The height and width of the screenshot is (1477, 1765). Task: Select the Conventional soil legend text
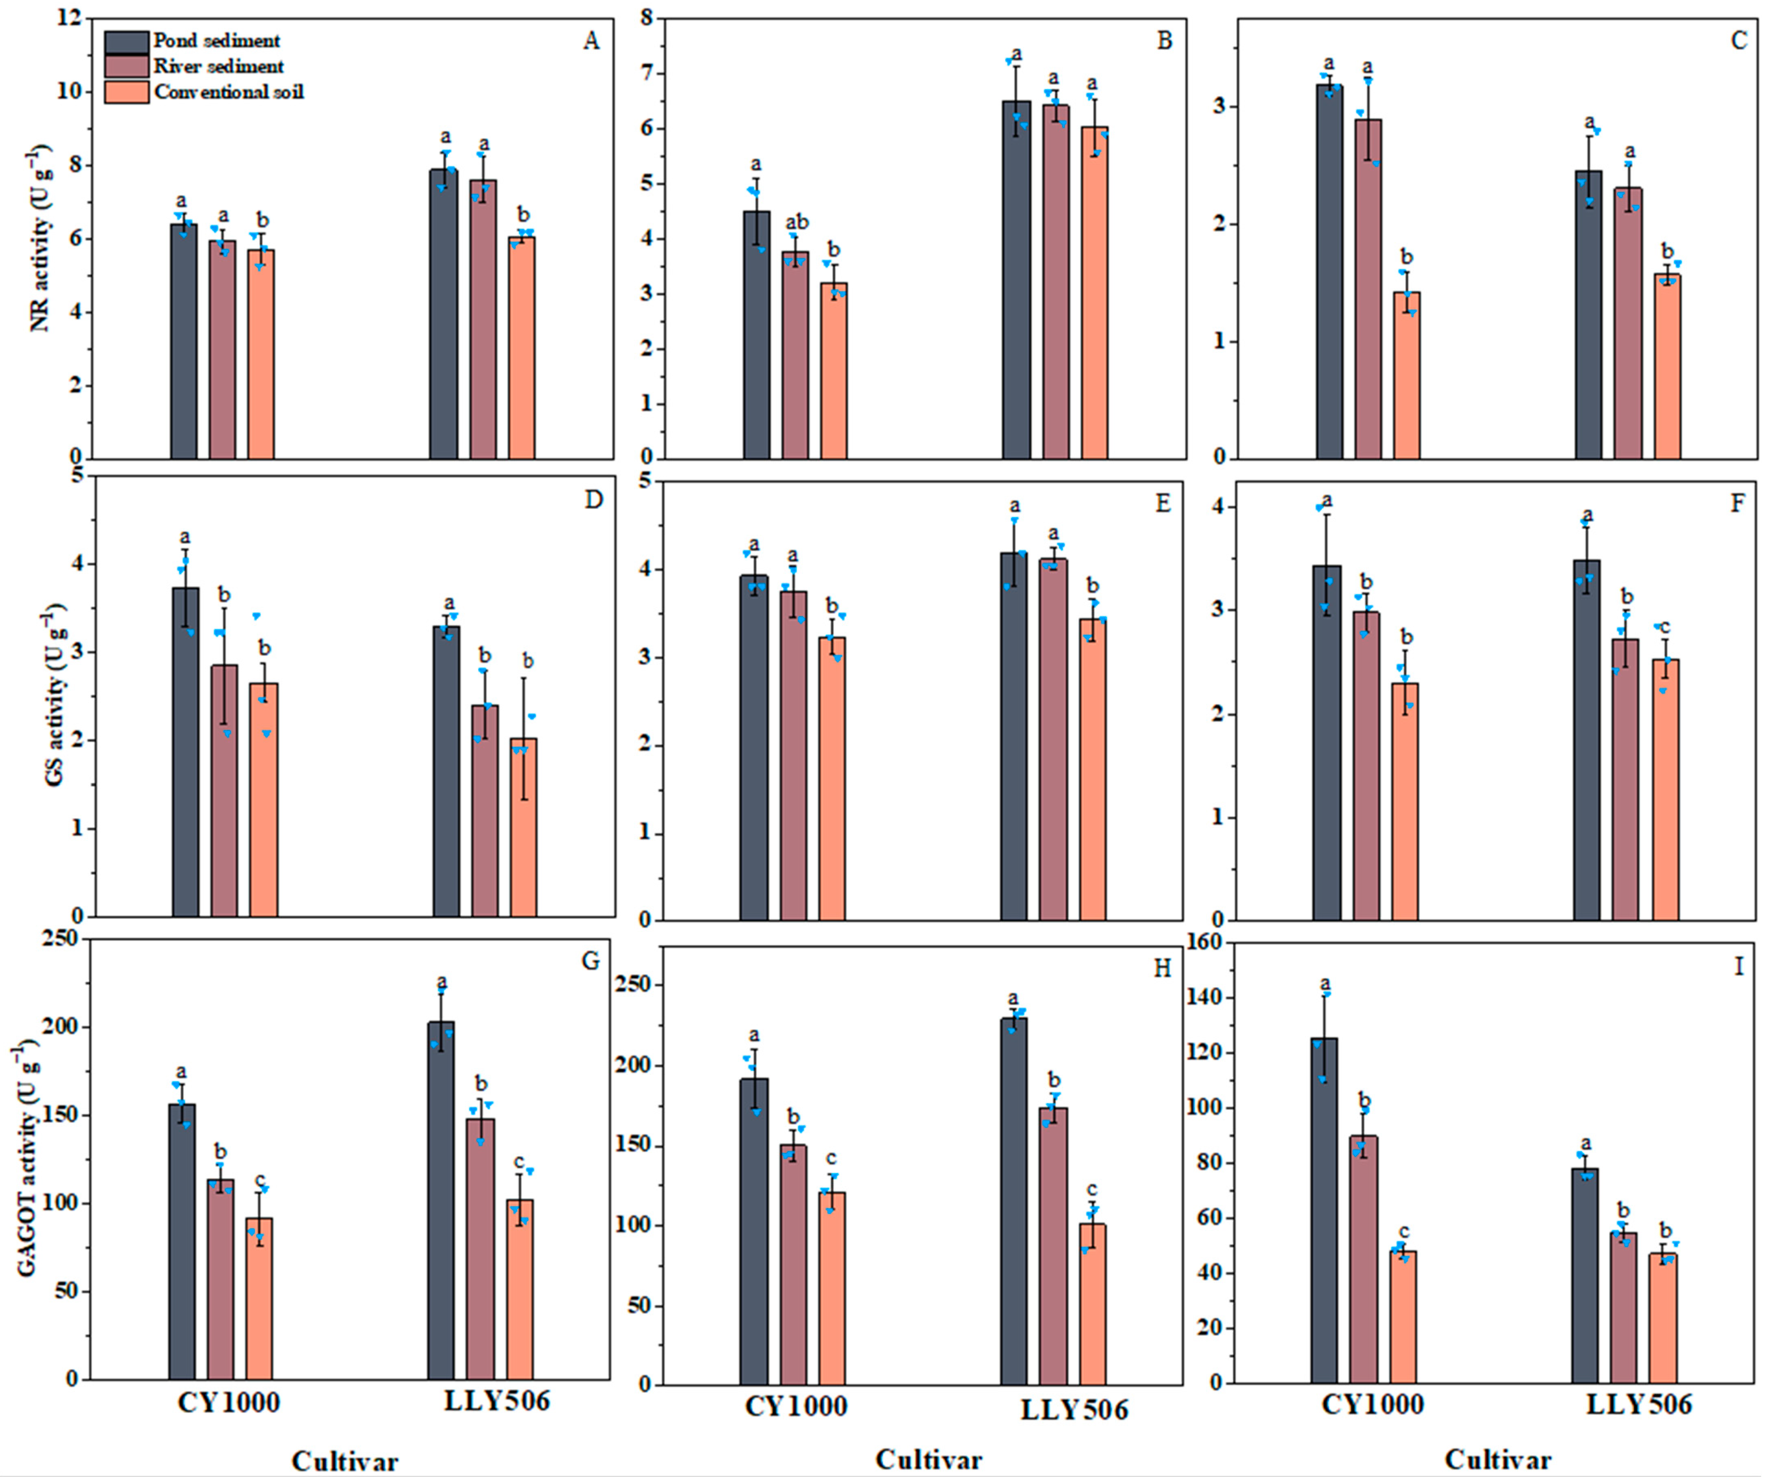point(229,92)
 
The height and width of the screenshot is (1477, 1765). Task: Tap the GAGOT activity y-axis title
point(25,1160)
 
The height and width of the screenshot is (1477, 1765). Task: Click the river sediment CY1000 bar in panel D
point(223,790)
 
